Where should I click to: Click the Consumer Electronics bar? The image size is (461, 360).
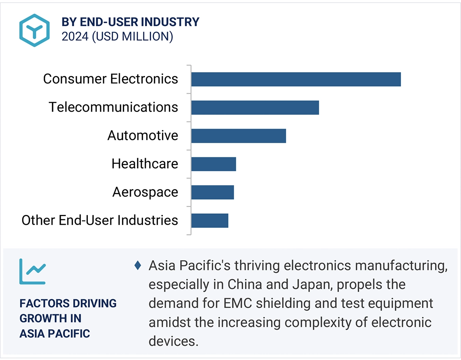click(x=296, y=79)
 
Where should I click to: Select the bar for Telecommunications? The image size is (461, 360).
click(x=255, y=107)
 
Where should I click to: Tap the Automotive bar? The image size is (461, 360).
click(x=238, y=136)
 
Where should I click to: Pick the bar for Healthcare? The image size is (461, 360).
click(x=214, y=164)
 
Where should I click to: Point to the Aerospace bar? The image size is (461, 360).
click(x=212, y=192)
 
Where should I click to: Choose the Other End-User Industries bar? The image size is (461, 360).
click(x=210, y=220)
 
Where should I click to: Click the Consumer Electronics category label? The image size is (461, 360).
click(x=111, y=79)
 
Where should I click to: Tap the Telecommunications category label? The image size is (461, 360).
click(x=113, y=107)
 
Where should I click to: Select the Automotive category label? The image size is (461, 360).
click(x=143, y=136)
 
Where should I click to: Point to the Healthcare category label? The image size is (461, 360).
click(x=145, y=164)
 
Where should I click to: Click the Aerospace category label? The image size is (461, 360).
click(x=145, y=192)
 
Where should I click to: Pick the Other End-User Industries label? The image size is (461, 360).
click(x=100, y=220)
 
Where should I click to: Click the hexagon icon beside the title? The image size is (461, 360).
click(x=35, y=30)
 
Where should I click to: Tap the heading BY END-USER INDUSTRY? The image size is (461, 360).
click(x=130, y=22)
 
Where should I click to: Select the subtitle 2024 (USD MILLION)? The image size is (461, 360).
click(x=117, y=37)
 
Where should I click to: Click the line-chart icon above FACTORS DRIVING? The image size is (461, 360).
click(x=33, y=271)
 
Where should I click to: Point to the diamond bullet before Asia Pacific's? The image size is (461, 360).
click(x=138, y=265)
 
